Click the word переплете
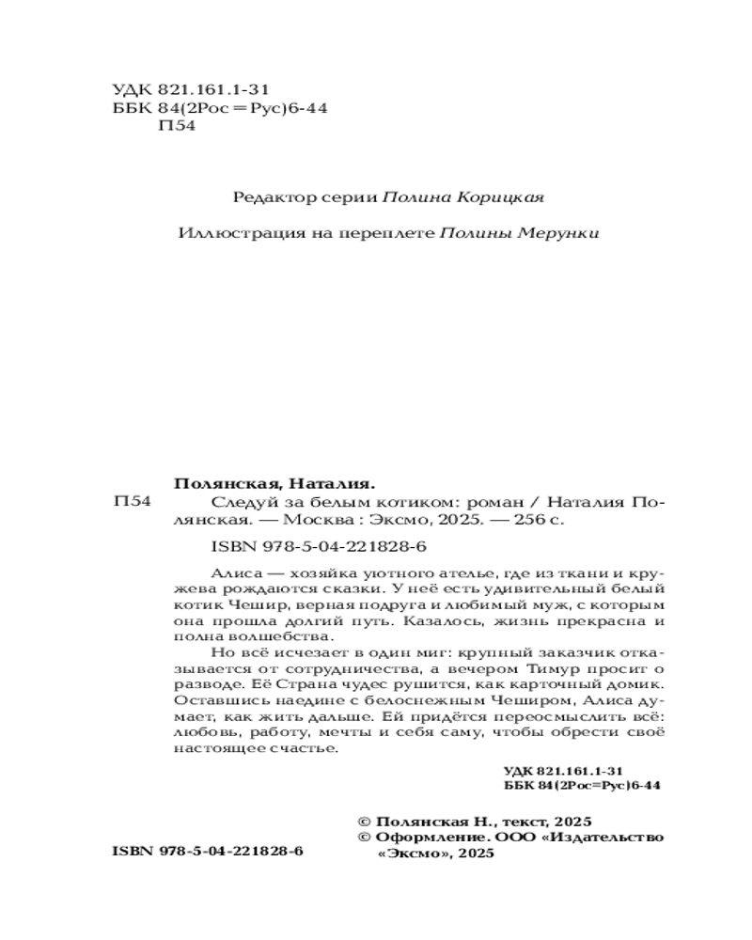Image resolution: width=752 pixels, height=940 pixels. pos(388,234)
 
